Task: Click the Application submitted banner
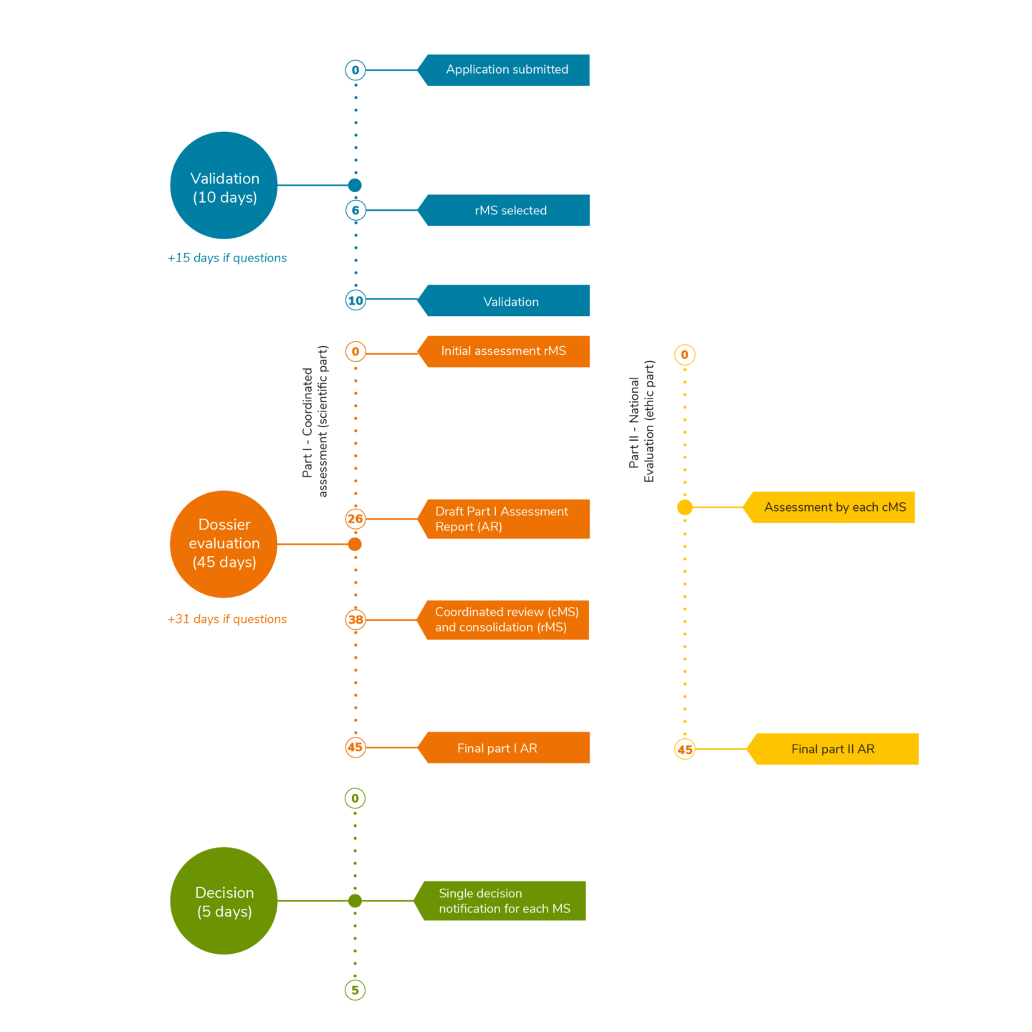[507, 70]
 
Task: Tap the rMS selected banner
[510, 210]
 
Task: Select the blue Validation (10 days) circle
[224, 186]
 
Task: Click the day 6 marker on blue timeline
[355, 210]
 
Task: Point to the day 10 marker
[355, 300]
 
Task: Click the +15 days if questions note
[227, 258]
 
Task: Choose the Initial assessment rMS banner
[504, 351]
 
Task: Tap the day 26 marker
[355, 519]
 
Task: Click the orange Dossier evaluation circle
[224, 544]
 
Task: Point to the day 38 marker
[355, 620]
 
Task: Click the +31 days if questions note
[227, 619]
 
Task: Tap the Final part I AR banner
[504, 747]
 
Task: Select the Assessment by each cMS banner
[833, 507]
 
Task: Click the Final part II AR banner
[834, 749]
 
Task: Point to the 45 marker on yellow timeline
[685, 750]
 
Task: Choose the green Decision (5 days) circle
[224, 901]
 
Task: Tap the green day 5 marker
[355, 990]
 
